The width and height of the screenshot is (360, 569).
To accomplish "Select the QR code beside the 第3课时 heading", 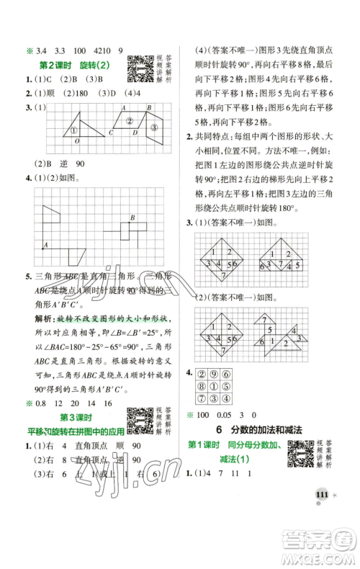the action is [138, 419].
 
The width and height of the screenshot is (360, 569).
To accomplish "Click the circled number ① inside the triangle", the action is [73, 130].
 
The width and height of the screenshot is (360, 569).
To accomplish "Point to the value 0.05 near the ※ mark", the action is [237, 416].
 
